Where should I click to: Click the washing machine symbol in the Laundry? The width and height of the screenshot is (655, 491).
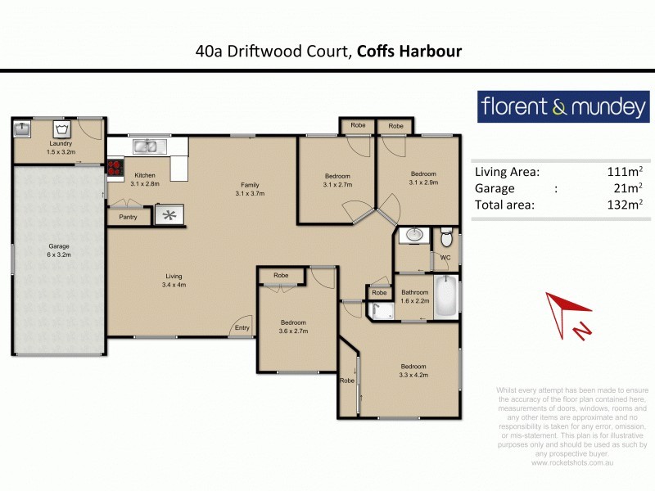(60, 128)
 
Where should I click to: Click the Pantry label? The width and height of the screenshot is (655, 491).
(128, 217)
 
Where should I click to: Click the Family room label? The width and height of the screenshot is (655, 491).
(249, 189)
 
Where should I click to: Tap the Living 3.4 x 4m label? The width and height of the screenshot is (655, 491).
(174, 281)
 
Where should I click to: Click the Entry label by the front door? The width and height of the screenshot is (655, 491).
(242, 328)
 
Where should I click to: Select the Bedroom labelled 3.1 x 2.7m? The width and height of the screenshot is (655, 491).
(337, 181)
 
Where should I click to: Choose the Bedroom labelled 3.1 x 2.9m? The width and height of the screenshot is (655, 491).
(423, 178)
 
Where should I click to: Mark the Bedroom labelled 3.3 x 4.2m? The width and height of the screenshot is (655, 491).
(413, 371)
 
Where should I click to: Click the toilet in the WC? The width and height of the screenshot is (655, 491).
(446, 238)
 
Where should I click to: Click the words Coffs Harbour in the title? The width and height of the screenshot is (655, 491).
(409, 52)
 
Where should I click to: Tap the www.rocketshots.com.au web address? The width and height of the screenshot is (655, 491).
(572, 462)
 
